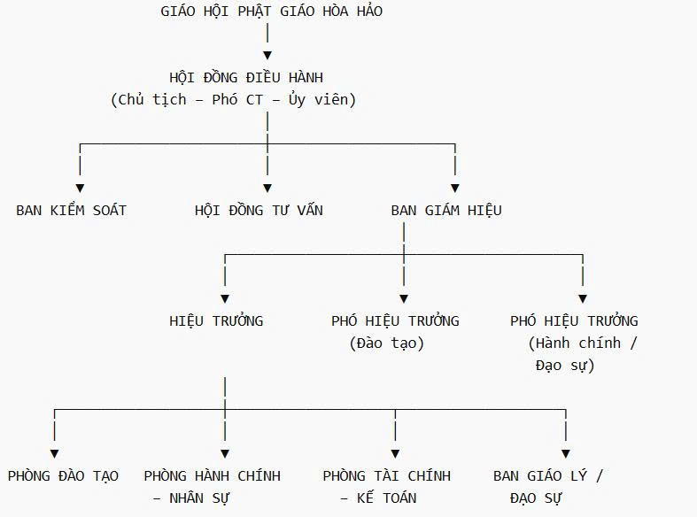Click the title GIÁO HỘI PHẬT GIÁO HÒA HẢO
(x=272, y=12)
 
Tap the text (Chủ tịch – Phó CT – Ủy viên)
(x=234, y=99)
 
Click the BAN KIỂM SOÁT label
(x=71, y=211)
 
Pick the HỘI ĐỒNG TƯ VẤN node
(x=259, y=211)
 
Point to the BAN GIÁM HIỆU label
(x=446, y=211)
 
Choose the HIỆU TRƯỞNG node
(x=216, y=321)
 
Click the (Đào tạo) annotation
(x=387, y=343)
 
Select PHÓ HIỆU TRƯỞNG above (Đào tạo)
(x=395, y=321)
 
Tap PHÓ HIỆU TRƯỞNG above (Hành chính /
(x=574, y=321)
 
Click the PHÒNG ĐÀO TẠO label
(x=63, y=476)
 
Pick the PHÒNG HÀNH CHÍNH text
(x=213, y=476)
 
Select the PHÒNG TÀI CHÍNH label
(x=387, y=476)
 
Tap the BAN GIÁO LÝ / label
(x=548, y=476)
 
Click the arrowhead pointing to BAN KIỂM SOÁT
(x=81, y=189)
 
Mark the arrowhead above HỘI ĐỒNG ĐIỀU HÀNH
(x=267, y=56)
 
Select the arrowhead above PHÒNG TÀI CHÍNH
(x=395, y=454)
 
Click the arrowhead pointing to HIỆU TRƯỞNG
(x=225, y=299)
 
